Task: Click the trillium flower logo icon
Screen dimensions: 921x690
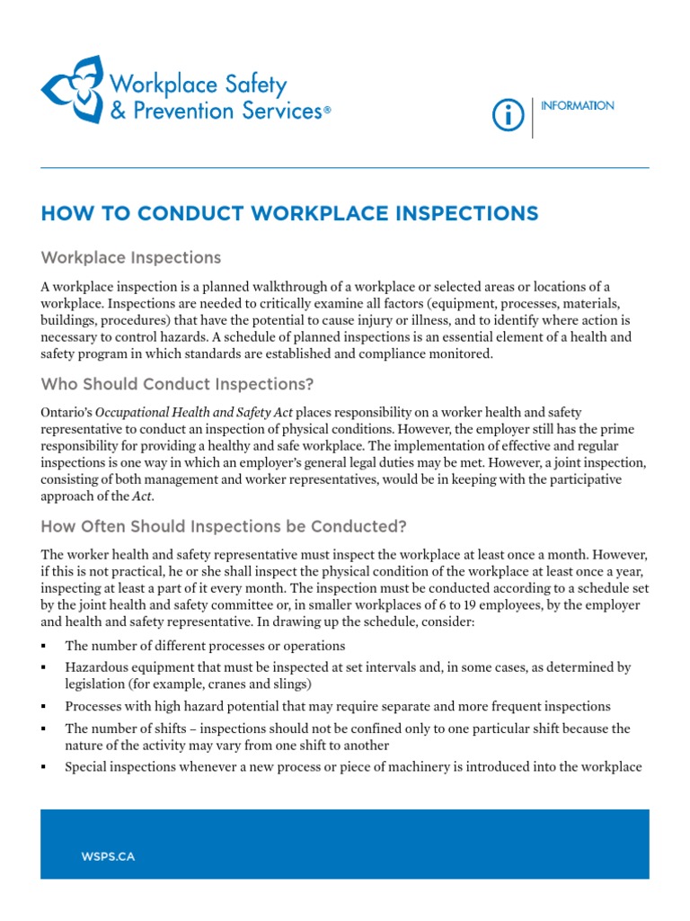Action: tap(72, 89)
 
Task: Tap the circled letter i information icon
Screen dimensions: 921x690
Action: tap(508, 116)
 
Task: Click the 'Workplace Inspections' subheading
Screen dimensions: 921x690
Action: tap(131, 258)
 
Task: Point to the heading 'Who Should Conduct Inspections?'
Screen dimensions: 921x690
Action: tap(177, 385)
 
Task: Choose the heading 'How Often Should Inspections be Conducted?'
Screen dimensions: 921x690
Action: tap(224, 526)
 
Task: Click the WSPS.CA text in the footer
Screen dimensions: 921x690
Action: tap(108, 856)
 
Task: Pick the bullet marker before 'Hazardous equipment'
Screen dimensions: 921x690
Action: tap(44, 668)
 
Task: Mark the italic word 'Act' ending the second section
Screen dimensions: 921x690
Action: tap(143, 496)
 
